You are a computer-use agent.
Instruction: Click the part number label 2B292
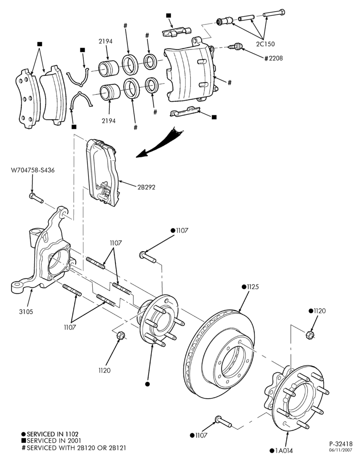tap(146, 187)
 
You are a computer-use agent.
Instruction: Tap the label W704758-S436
tap(33, 170)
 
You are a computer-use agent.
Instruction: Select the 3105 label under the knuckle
tap(26, 312)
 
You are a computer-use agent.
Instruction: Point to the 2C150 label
tap(265, 44)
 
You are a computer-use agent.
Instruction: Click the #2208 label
tap(273, 58)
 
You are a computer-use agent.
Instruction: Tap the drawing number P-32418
tap(341, 444)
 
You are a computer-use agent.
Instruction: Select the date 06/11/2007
tap(342, 450)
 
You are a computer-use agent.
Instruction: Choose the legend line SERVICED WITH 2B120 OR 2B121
tap(76, 448)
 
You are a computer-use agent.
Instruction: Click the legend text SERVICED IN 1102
tap(53, 434)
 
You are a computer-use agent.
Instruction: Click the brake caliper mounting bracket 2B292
tap(102, 172)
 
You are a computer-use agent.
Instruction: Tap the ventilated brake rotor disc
tap(219, 353)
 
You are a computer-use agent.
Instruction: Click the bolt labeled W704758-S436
tap(36, 198)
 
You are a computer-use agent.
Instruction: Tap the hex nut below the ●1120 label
tap(309, 334)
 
